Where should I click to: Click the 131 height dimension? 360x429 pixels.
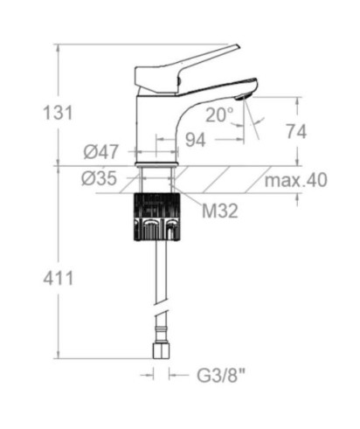[58, 113]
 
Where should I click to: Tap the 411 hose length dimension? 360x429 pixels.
[58, 278]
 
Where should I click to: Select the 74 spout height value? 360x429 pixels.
[296, 131]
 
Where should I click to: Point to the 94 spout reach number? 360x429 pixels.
[196, 140]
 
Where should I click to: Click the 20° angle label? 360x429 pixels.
[219, 114]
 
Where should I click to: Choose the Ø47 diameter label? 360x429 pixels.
[101, 152]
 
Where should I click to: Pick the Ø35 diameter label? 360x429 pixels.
[100, 178]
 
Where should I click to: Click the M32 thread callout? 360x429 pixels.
[220, 211]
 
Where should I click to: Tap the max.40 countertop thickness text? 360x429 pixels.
[295, 180]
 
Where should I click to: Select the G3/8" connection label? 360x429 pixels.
[221, 376]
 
